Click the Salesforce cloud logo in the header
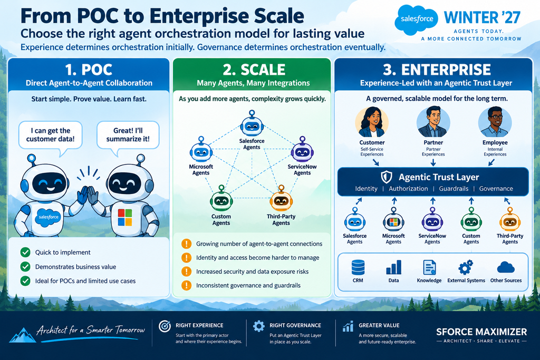pos(416,20)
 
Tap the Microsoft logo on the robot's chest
pos(125,217)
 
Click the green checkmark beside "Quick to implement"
pos(25,252)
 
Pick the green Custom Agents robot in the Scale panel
pos(221,199)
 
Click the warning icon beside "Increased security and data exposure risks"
pos(186,271)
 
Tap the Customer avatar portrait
pos(372,122)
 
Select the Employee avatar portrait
pos(495,122)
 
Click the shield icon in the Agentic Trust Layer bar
pos(387,177)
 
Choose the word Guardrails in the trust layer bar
pos(454,189)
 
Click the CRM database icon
pos(358,267)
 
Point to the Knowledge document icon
pos(429,267)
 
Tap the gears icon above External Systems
pos(466,267)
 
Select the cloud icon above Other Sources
pos(506,267)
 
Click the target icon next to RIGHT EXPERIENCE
pos(165,326)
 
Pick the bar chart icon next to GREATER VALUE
pos(348,326)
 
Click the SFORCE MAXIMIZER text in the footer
pos(481,332)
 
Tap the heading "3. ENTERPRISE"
pos(437,70)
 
